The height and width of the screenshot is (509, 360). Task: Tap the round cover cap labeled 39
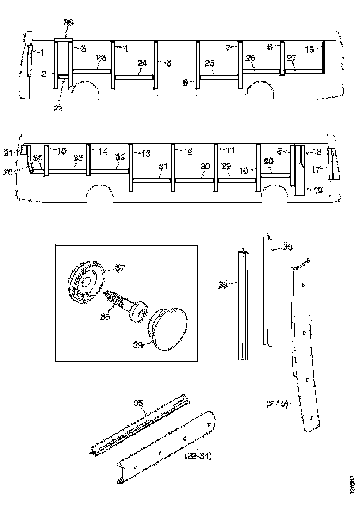click(169, 329)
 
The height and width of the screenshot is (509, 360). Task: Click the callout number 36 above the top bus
click(68, 22)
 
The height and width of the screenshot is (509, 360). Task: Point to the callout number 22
click(57, 107)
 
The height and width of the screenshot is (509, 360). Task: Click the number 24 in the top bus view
click(142, 63)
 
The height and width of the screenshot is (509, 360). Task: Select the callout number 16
click(310, 49)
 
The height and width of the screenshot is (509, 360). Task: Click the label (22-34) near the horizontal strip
click(198, 456)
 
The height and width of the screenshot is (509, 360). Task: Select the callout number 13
click(145, 154)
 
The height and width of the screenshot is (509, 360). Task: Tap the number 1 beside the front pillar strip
click(42, 52)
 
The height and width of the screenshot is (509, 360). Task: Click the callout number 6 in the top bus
click(186, 82)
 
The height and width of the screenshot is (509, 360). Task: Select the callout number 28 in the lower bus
click(269, 162)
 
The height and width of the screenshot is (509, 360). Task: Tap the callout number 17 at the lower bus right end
click(316, 169)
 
